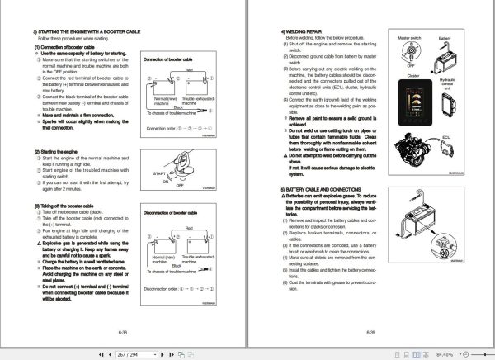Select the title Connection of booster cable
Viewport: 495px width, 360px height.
[x=174, y=60]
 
